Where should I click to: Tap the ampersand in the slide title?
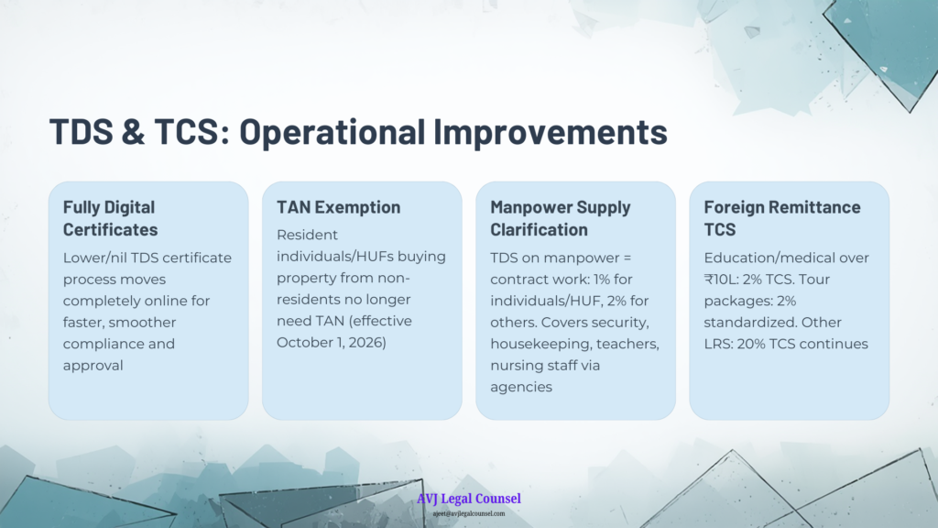(134, 131)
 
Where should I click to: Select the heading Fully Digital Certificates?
(111, 218)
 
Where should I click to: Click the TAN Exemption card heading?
(339, 207)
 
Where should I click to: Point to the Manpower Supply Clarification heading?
(561, 218)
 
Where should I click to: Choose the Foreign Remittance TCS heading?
(782, 218)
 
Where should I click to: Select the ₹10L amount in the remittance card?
(721, 280)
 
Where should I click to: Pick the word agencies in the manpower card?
(521, 388)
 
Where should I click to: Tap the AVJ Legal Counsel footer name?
(469, 499)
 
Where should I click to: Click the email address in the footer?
(469, 513)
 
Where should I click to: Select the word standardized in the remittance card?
(747, 323)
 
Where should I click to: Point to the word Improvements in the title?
(551, 132)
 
